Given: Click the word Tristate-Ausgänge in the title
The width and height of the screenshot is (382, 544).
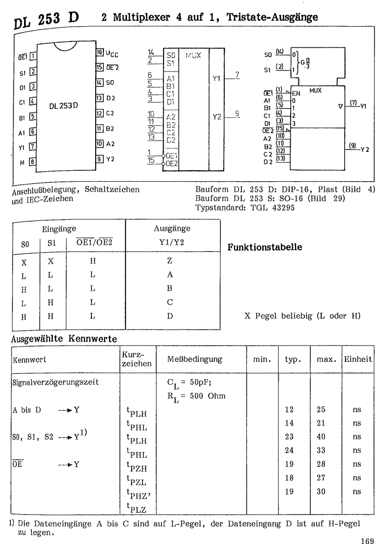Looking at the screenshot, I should click(x=276, y=18).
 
